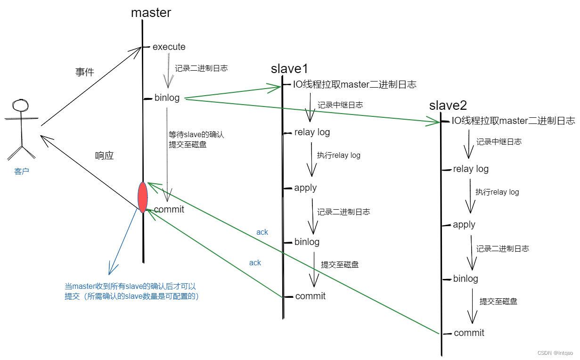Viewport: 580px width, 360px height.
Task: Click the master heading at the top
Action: tap(151, 12)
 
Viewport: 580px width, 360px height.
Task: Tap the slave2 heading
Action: tap(448, 106)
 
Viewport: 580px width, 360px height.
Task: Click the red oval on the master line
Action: tap(142, 197)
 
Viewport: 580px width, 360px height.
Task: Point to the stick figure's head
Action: tap(21, 105)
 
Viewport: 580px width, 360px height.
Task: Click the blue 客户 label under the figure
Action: tap(22, 172)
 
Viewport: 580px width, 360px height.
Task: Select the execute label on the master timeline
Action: tap(169, 47)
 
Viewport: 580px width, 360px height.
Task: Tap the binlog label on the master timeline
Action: tap(167, 98)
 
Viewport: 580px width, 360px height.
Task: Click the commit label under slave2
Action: tap(469, 333)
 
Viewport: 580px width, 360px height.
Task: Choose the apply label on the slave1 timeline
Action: tap(305, 188)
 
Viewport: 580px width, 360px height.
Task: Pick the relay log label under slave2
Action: tap(471, 169)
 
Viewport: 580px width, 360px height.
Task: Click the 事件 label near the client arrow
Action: tap(85, 72)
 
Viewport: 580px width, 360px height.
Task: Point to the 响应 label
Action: tap(104, 156)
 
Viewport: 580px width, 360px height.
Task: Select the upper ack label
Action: tap(262, 232)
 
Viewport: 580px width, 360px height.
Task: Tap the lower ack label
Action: tap(255, 262)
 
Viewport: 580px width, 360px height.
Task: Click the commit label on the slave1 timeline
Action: tap(310, 296)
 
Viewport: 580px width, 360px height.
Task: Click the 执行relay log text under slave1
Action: tap(339, 155)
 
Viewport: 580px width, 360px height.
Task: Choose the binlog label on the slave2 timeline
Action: tap(466, 278)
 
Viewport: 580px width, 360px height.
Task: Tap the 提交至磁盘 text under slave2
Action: tap(498, 301)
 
